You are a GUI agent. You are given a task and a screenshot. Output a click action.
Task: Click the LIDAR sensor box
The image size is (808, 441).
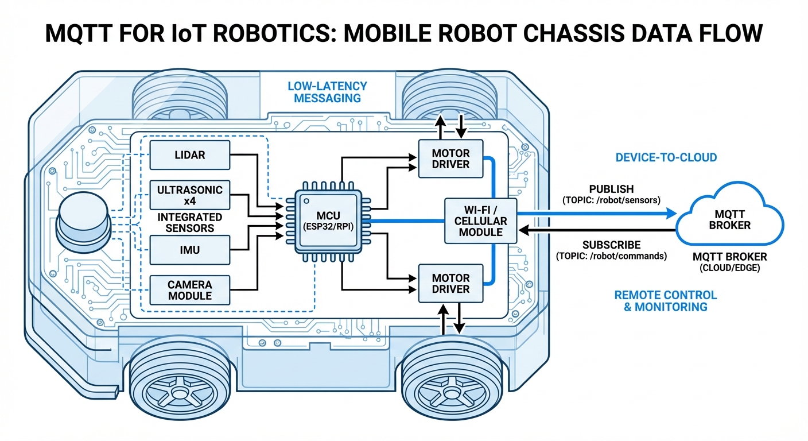189,155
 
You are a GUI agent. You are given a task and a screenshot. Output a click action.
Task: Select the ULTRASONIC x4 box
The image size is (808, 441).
189,195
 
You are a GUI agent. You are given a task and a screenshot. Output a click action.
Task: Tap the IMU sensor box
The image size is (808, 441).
189,250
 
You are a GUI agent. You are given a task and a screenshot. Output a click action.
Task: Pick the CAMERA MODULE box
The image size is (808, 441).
189,290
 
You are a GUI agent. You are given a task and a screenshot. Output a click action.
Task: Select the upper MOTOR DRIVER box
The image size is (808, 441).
451,159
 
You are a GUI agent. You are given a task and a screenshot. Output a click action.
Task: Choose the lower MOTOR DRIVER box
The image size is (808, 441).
451,283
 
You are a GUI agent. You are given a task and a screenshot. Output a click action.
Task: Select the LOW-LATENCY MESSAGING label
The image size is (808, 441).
328,92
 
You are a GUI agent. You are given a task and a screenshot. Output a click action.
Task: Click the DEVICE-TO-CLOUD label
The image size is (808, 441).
666,157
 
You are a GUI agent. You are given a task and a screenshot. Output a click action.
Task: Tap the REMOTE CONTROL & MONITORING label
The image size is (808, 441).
666,301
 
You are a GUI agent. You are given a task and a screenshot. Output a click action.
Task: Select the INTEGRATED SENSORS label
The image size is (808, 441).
189,223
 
